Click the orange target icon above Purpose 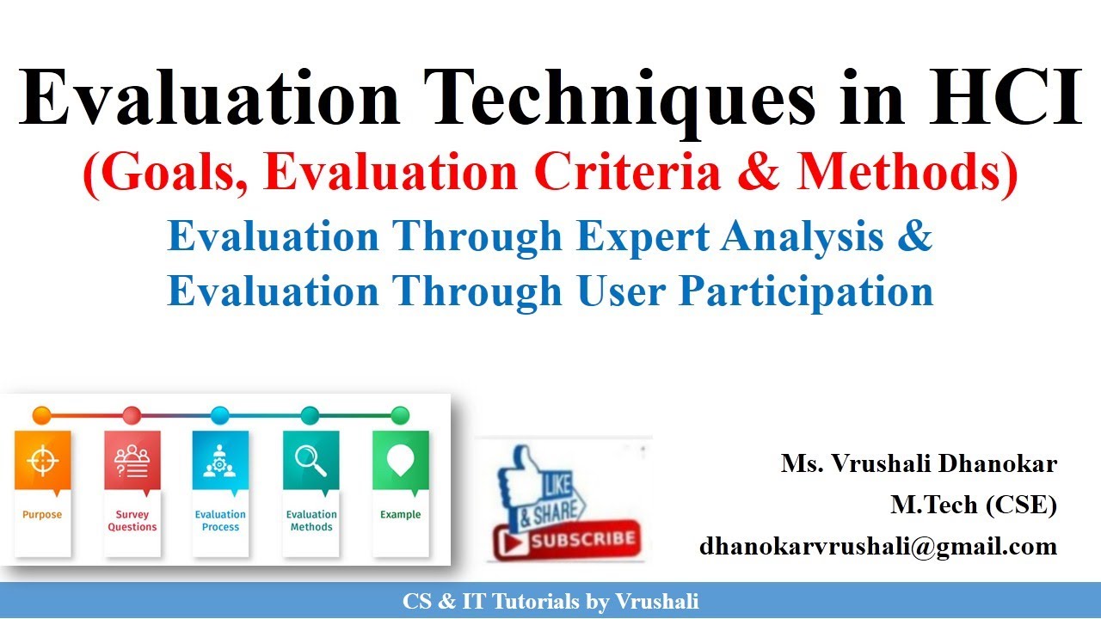pyautogui.click(x=42, y=461)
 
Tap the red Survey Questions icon pyautogui.click(x=132, y=461)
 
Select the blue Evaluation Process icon pyautogui.click(x=220, y=461)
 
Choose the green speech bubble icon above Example pyautogui.click(x=400, y=461)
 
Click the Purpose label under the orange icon pyautogui.click(x=42, y=515)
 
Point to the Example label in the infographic pyautogui.click(x=400, y=515)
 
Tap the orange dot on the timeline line pyautogui.click(x=41, y=416)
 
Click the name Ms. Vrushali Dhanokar pyautogui.click(x=918, y=464)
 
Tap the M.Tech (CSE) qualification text pyautogui.click(x=973, y=506)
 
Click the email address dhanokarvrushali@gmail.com pyautogui.click(x=877, y=546)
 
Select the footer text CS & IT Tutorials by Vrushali pyautogui.click(x=550, y=602)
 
